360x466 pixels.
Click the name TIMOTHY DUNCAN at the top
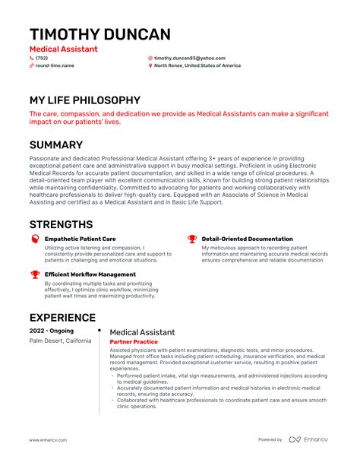(99, 34)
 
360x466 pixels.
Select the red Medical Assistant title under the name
(63, 49)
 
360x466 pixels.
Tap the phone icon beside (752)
(31, 58)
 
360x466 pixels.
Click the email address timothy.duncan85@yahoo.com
(189, 58)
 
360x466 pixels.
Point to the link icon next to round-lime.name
(31, 65)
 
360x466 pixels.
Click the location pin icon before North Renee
(150, 65)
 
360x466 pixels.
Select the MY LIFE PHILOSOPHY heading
(84, 100)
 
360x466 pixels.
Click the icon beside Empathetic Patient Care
(35, 239)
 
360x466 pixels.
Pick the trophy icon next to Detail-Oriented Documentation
(192, 239)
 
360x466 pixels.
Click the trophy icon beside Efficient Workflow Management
(35, 274)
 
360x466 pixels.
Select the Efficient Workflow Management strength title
(90, 274)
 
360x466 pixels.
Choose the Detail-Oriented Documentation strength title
(247, 239)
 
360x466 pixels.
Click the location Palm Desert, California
(60, 341)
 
